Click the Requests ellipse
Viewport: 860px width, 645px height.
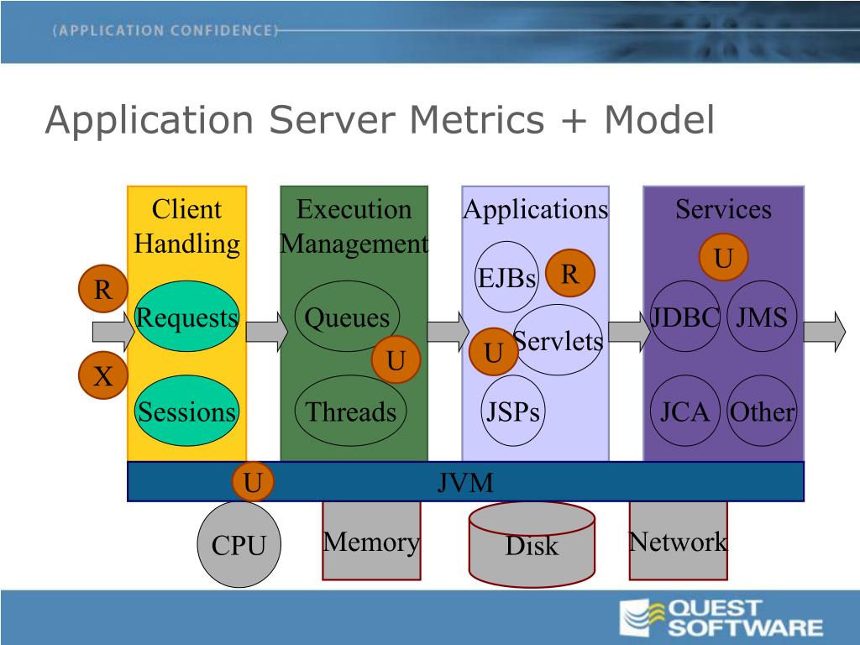[x=186, y=317]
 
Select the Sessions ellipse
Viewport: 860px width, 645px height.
[x=186, y=411]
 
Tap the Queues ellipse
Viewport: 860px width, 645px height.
[x=347, y=317]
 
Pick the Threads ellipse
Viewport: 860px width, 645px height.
[x=350, y=411]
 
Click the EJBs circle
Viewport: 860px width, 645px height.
[x=506, y=277]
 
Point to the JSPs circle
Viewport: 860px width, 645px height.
[x=513, y=411]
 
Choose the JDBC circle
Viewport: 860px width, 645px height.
[x=685, y=317]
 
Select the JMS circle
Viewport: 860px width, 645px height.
[x=762, y=317]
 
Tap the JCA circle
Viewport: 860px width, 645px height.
[x=684, y=411]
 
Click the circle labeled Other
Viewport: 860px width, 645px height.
[x=762, y=411]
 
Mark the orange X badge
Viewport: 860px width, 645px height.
[x=103, y=376]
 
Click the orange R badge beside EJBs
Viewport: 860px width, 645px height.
[x=570, y=274]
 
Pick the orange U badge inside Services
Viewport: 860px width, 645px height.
[x=723, y=259]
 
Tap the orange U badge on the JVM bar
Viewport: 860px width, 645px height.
[x=253, y=481]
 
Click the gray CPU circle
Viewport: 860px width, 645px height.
[x=239, y=545]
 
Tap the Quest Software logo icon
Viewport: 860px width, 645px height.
[x=640, y=617]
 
